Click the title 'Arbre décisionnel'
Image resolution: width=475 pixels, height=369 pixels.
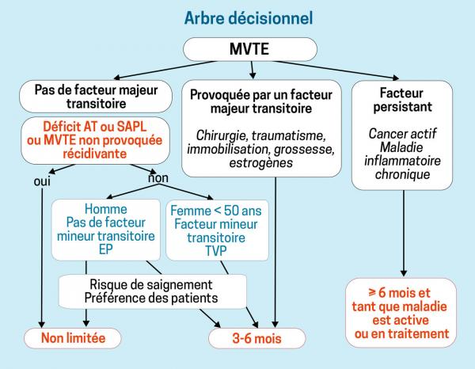tap(249, 18)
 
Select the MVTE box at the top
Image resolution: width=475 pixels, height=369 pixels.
tap(250, 49)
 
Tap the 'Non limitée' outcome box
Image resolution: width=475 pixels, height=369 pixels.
tap(72, 338)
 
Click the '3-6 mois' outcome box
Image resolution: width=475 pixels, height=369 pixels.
tap(257, 338)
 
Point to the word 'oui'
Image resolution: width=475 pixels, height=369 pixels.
tap(42, 182)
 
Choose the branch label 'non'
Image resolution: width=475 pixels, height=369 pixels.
tap(158, 178)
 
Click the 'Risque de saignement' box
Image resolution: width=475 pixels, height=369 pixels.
tap(152, 291)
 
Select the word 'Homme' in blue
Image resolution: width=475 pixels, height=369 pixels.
tap(106, 209)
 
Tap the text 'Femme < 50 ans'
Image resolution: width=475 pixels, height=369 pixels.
tap(216, 211)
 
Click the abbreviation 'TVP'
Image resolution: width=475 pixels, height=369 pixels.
tap(216, 251)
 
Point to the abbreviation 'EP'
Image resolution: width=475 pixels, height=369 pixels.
tap(106, 249)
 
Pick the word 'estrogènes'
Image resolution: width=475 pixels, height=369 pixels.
tap(260, 162)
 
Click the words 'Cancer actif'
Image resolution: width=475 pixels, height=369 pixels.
tap(402, 134)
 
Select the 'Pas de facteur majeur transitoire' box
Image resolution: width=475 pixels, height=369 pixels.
tap(96, 97)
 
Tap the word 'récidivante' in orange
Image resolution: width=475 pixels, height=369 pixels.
tap(94, 154)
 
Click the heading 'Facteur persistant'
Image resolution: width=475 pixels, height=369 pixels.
tap(402, 100)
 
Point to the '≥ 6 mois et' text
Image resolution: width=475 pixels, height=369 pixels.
tap(400, 293)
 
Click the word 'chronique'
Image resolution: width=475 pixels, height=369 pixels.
tap(402, 174)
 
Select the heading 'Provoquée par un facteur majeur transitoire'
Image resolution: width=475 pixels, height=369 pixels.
tap(260, 102)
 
